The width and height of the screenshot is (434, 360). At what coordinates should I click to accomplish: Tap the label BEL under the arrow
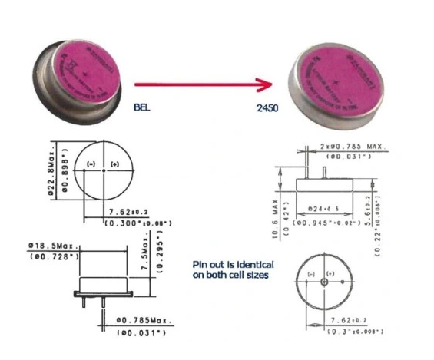(x=142, y=107)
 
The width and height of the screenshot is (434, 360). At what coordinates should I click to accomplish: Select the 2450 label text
(x=267, y=108)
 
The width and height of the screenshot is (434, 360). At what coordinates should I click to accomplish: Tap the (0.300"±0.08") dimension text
(x=139, y=223)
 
